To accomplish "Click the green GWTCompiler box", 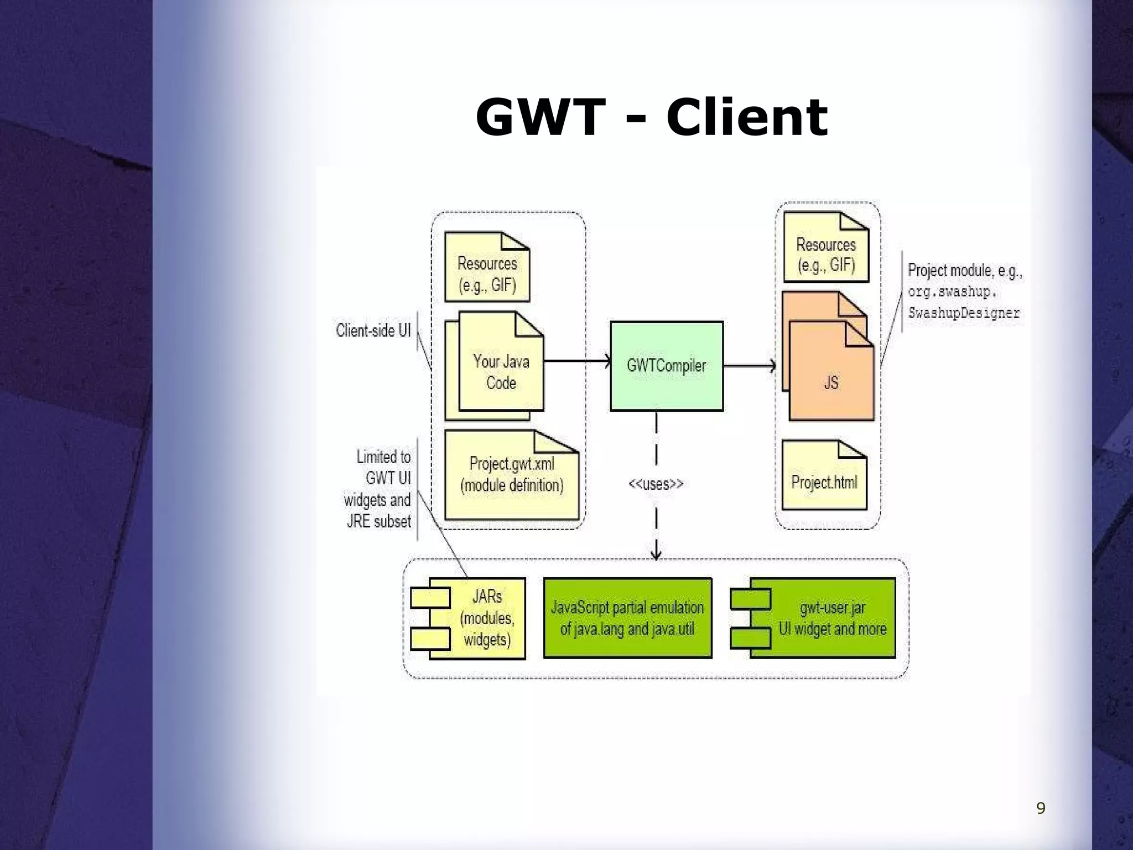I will click(666, 366).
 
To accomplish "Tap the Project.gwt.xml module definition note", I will click(512, 475).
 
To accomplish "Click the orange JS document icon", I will click(831, 382).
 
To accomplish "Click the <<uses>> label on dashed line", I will click(656, 484).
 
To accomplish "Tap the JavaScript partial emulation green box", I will click(627, 618).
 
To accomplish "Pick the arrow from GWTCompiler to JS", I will click(749, 365).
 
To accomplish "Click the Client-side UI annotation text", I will click(373, 330).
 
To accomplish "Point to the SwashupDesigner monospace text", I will click(963, 313).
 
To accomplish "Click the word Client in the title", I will click(746, 117).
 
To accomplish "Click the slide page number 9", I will click(1041, 808).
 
